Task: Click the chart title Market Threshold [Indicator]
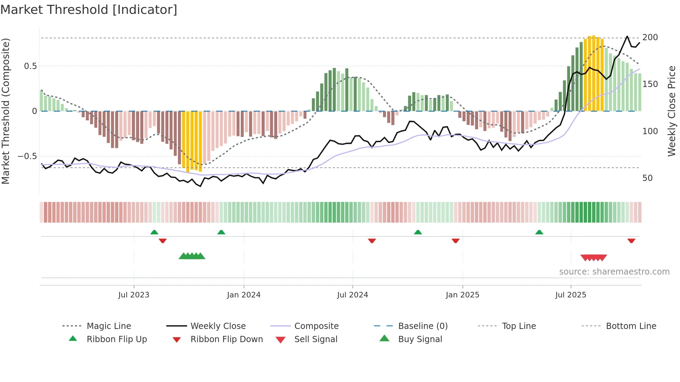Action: pyautogui.click(x=89, y=10)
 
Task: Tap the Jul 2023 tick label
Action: pyautogui.click(x=134, y=295)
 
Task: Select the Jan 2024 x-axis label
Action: pyautogui.click(x=244, y=295)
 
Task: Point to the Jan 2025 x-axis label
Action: pyautogui.click(x=462, y=295)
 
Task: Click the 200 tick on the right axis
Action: pyautogui.click(x=650, y=37)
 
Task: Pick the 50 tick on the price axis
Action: pyautogui.click(x=647, y=178)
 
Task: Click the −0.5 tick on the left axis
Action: pyautogui.click(x=27, y=156)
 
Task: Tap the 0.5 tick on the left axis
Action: pyautogui.click(x=30, y=66)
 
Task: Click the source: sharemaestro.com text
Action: pyautogui.click(x=614, y=272)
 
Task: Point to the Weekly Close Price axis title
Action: pyautogui.click(x=672, y=111)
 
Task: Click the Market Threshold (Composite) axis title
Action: pyautogui.click(x=6, y=111)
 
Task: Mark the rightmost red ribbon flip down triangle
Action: pyautogui.click(x=631, y=241)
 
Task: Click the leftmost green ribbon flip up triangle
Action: pyautogui.click(x=154, y=232)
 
